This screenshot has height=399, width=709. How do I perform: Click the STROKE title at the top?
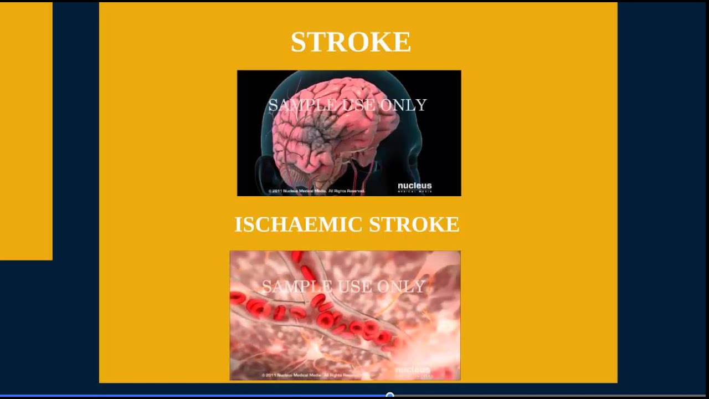pyautogui.click(x=351, y=42)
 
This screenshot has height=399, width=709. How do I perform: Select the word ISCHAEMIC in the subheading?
pyautogui.click(x=298, y=224)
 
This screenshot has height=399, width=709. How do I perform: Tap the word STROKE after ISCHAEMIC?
pyautogui.click(x=414, y=224)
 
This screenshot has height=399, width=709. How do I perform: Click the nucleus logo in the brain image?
pyautogui.click(x=414, y=187)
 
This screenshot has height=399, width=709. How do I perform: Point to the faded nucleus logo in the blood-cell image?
pyautogui.click(x=412, y=370)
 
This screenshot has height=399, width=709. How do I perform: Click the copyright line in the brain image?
pyautogui.click(x=316, y=191)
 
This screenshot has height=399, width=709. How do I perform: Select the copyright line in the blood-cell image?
pyautogui.click(x=310, y=376)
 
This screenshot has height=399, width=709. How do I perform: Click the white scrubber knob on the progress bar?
pyautogui.click(x=390, y=396)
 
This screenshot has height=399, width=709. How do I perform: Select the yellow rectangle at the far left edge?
pyautogui.click(x=26, y=131)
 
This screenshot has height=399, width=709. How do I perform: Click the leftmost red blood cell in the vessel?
pyautogui.click(x=238, y=298)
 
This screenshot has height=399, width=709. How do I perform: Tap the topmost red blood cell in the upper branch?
pyautogui.click(x=297, y=256)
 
